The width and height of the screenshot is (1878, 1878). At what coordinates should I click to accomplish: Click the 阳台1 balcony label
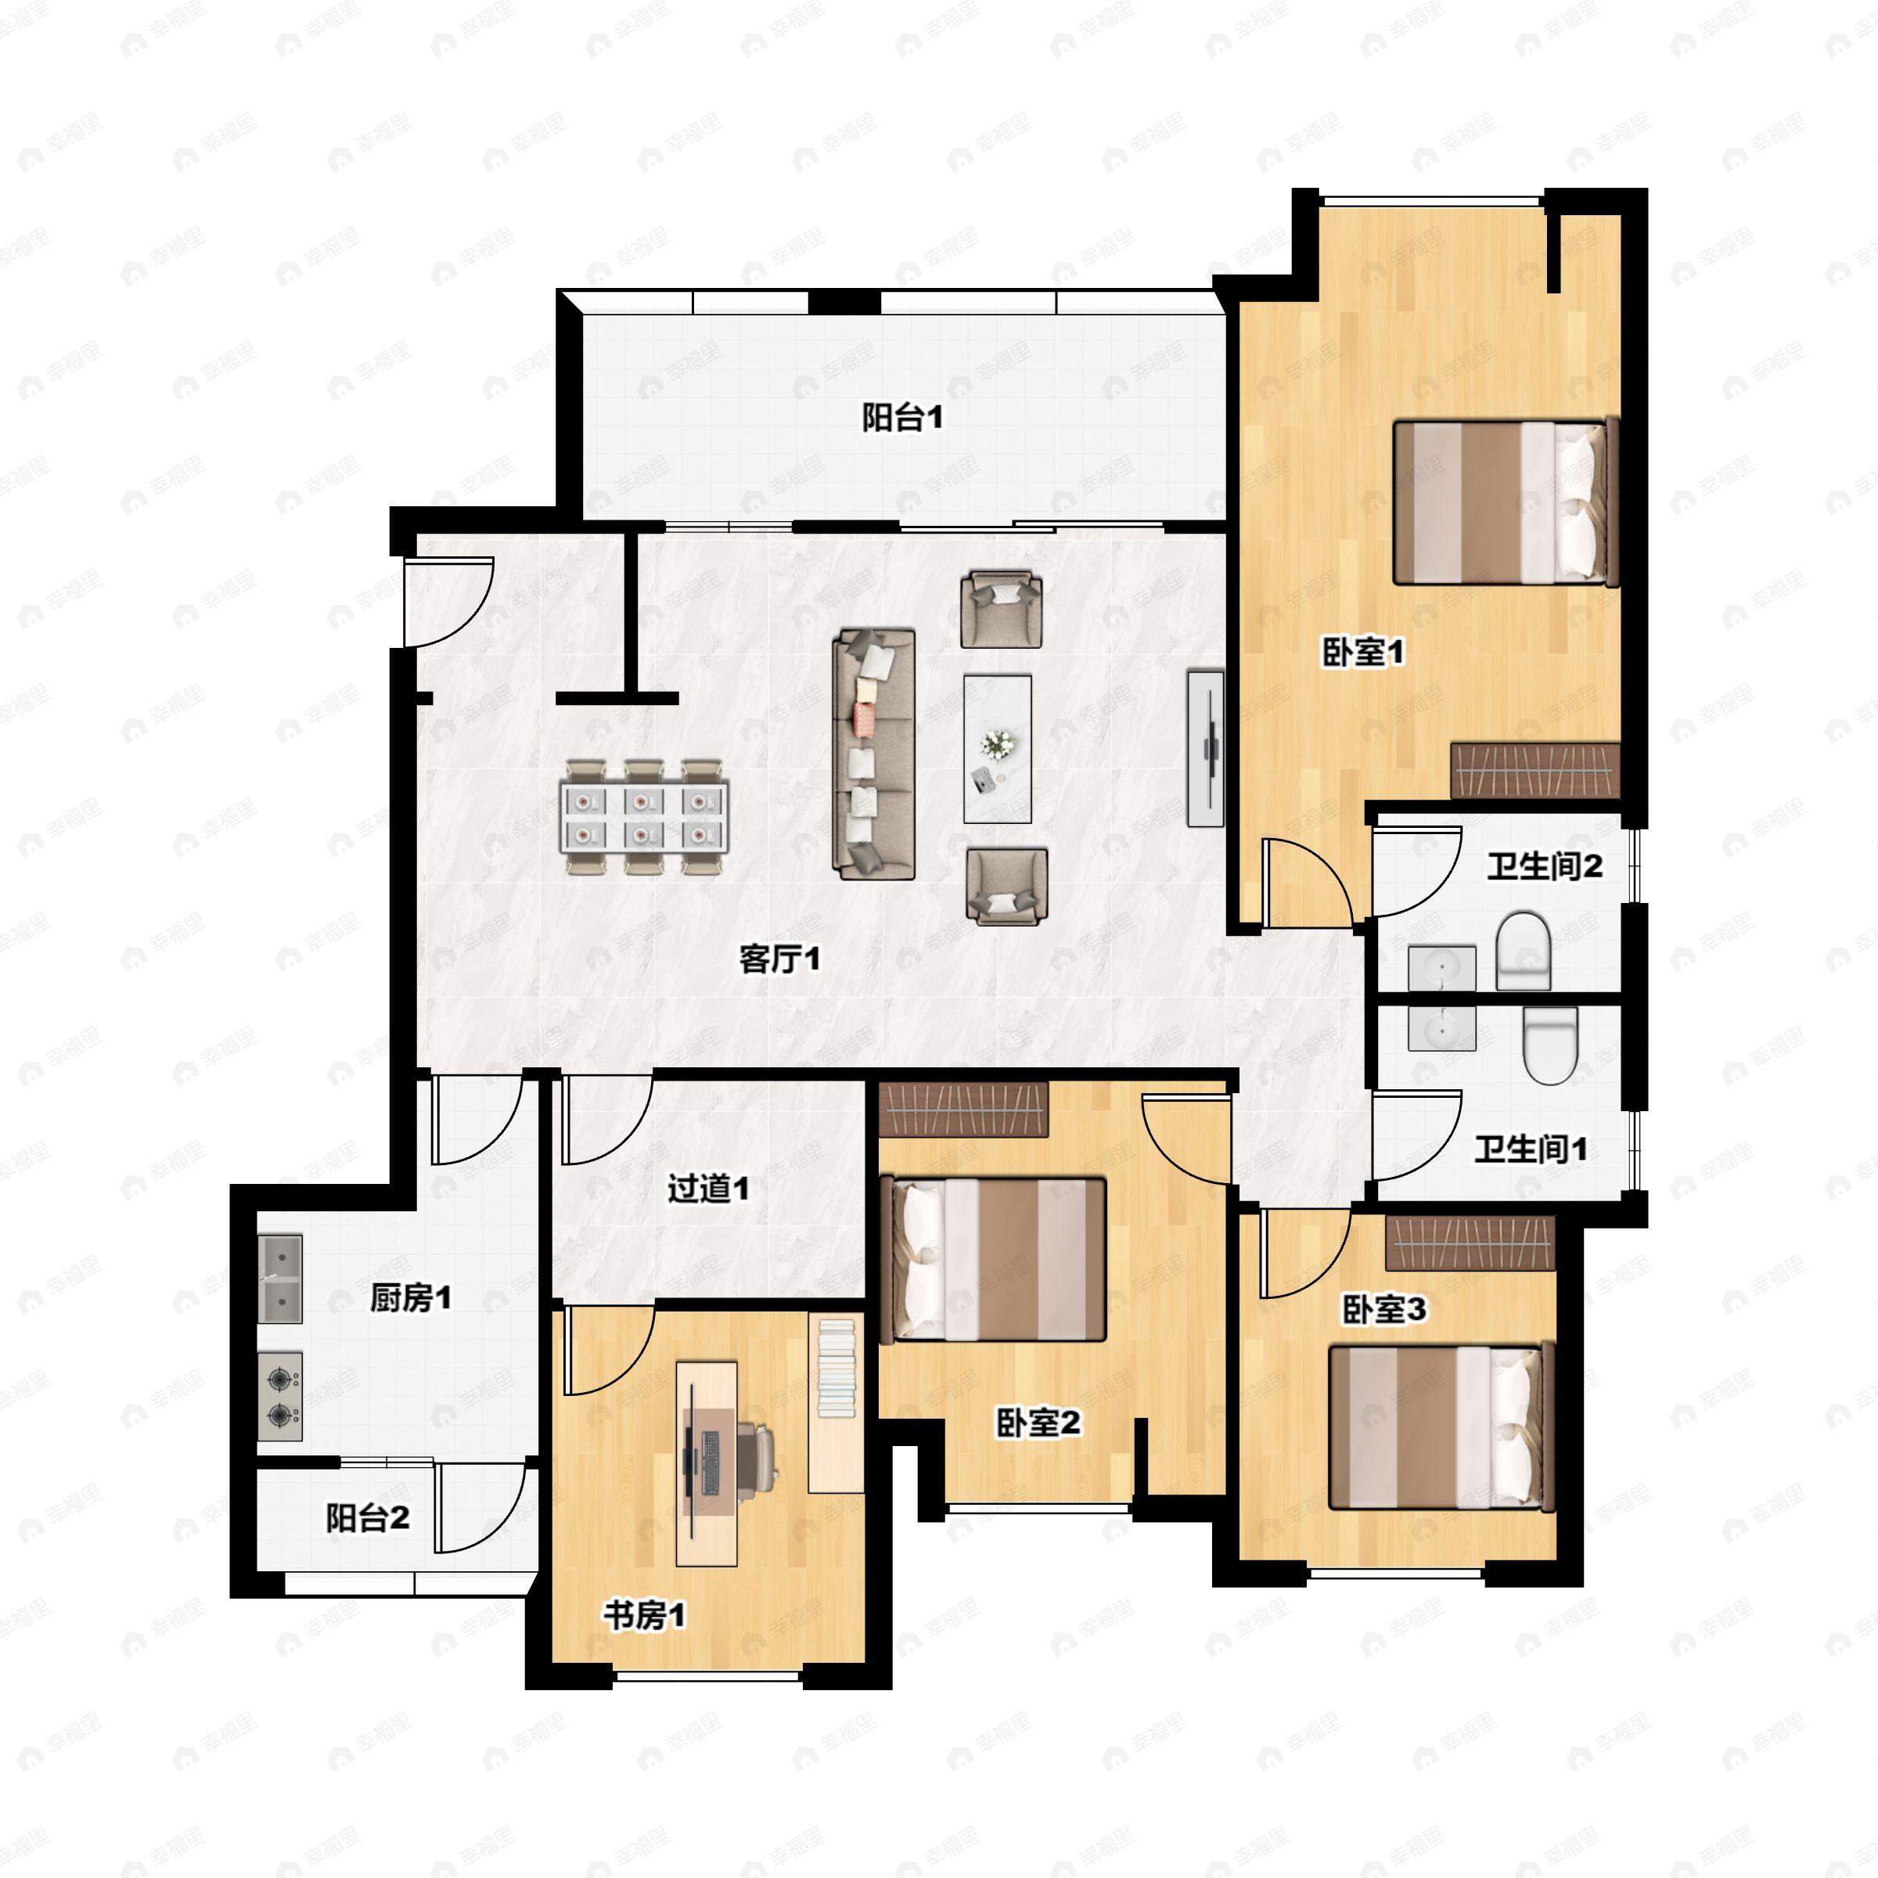pos(902,418)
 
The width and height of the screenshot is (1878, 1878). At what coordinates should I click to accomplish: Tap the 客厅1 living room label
pos(779,959)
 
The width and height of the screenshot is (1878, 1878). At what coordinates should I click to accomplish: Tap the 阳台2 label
pos(368,1517)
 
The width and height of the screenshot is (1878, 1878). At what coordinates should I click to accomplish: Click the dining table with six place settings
pos(643,818)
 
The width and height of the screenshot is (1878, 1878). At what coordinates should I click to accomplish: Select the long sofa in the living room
pos(874,754)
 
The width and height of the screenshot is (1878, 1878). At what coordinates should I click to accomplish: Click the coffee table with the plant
pos(998,749)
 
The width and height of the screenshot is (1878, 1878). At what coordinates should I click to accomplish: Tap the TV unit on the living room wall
pos(1205,749)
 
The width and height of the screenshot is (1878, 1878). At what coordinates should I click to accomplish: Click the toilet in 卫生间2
pos(1524,951)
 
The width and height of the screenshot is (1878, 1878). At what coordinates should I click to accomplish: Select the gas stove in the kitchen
pos(280,1396)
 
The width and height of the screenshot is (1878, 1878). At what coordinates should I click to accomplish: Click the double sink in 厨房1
pos(280,1279)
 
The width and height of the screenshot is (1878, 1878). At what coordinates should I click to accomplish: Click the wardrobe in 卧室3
pos(1470,1243)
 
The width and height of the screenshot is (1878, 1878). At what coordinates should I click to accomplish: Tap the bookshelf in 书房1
pos(836,1401)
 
